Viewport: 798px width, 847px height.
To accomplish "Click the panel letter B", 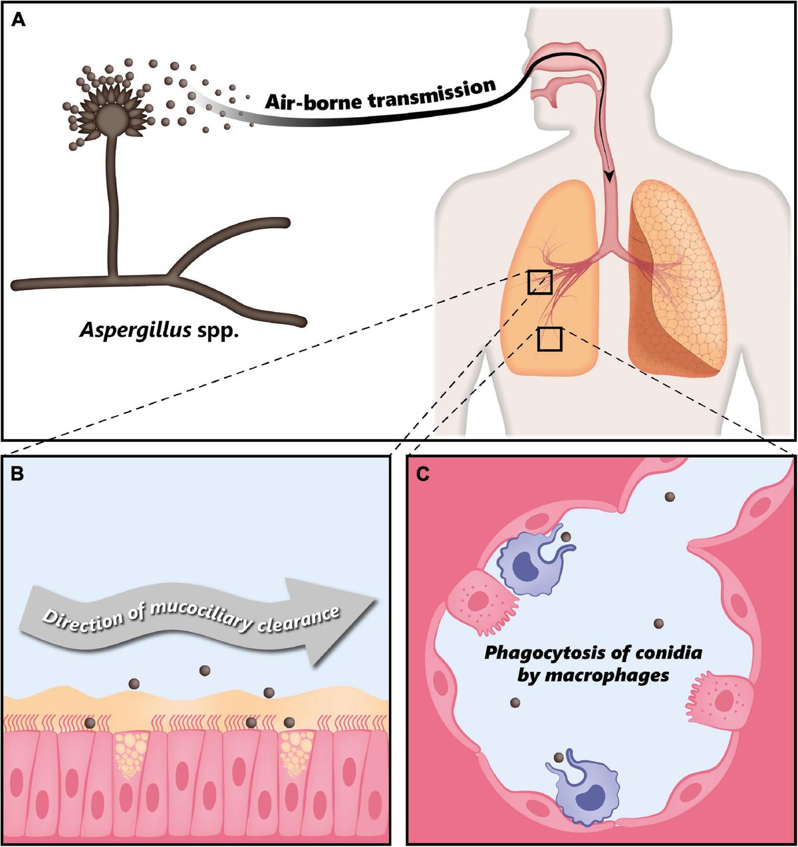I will (x=18, y=474).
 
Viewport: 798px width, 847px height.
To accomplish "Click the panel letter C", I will (x=421, y=474).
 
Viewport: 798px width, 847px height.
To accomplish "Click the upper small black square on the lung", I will (x=539, y=281).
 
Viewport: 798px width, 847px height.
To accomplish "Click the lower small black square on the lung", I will (x=550, y=339).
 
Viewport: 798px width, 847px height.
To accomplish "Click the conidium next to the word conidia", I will (x=658, y=623).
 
